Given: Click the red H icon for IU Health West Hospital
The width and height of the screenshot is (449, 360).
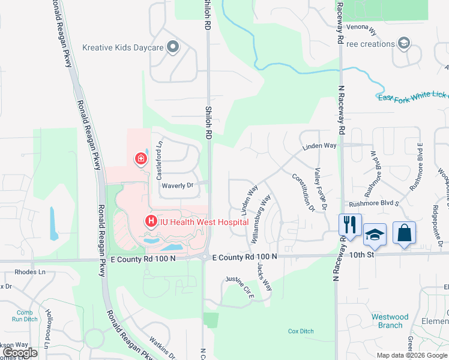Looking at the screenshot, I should pyautogui.click(x=151, y=222).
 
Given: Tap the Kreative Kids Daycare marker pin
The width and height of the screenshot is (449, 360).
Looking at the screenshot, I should pyautogui.click(x=173, y=47).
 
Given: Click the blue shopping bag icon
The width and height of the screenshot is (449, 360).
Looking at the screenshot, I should pyautogui.click(x=404, y=233).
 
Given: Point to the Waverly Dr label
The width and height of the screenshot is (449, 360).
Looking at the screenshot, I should pyautogui.click(x=176, y=186).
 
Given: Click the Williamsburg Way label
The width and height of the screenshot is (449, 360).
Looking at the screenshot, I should pyautogui.click(x=262, y=218).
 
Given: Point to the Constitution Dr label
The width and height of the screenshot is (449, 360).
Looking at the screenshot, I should pyautogui.click(x=303, y=192).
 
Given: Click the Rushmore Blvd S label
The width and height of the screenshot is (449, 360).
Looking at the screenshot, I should pyautogui.click(x=374, y=203).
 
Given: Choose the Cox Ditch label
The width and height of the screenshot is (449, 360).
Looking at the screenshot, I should pyautogui.click(x=301, y=331).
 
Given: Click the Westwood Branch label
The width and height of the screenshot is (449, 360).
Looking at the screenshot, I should pyautogui.click(x=390, y=321).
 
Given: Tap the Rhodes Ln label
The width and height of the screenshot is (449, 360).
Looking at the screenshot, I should pyautogui.click(x=30, y=271).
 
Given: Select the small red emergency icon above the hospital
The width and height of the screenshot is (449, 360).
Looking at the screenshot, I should pyautogui.click(x=140, y=159).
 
